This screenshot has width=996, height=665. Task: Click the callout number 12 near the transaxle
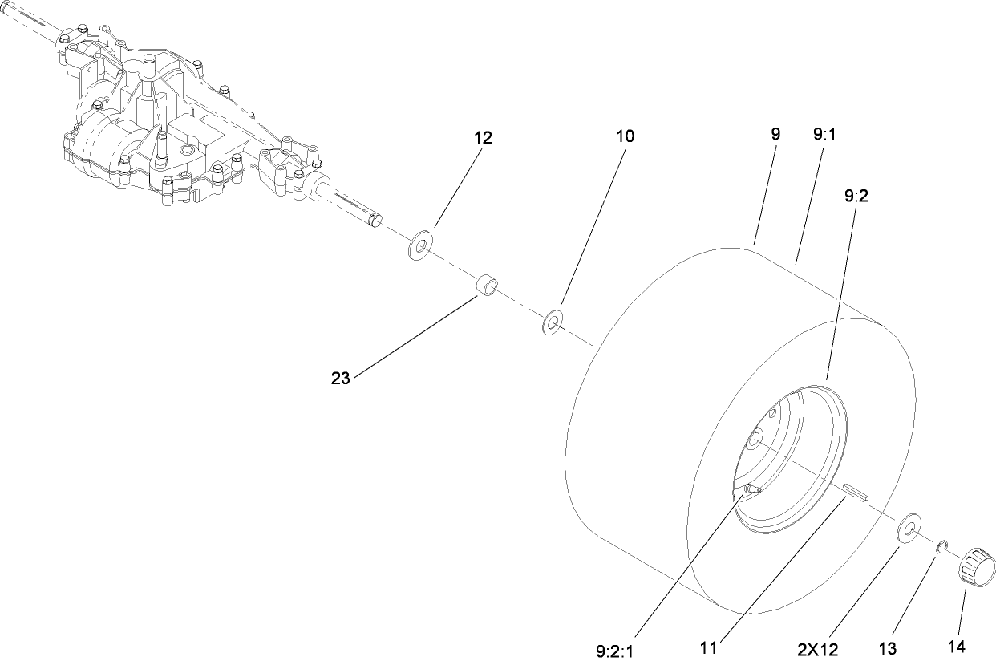click(x=482, y=137)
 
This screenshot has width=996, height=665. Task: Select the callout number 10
click(x=625, y=136)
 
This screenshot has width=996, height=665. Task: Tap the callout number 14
click(x=958, y=647)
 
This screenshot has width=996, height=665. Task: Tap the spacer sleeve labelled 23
click(x=488, y=286)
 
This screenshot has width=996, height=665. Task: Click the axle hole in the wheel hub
click(x=756, y=440)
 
